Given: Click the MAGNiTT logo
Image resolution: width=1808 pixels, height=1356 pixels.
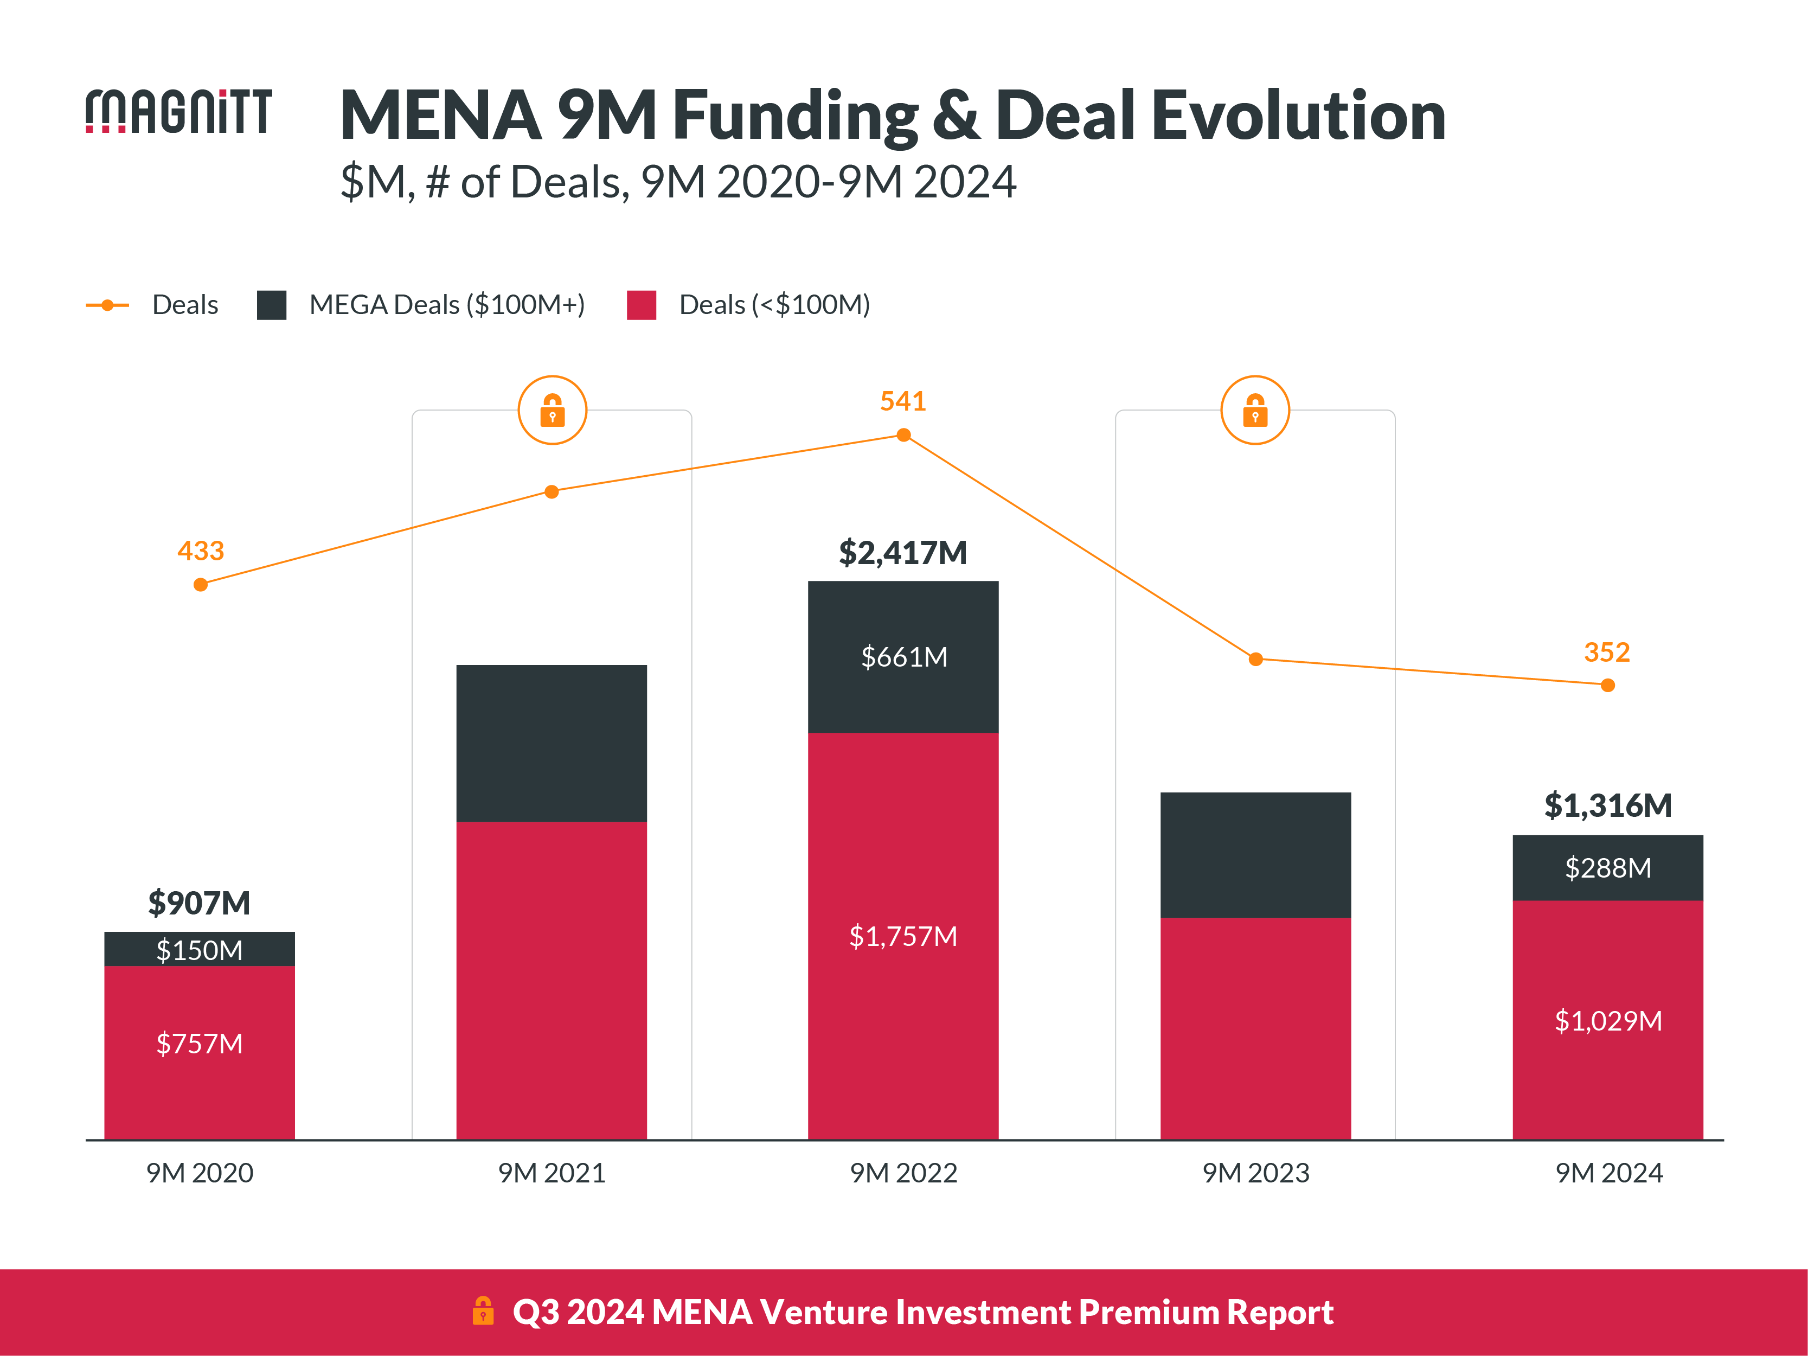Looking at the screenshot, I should pyautogui.click(x=178, y=111).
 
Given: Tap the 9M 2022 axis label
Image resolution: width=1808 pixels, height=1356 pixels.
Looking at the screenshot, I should pyautogui.click(x=903, y=1173).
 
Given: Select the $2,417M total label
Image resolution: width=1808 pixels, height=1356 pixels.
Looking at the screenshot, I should pyautogui.click(x=902, y=553).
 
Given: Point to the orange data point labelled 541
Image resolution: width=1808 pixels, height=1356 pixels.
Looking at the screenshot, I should pyautogui.click(x=903, y=436).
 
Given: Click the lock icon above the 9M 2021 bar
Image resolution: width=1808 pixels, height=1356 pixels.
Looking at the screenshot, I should pyautogui.click(x=553, y=410).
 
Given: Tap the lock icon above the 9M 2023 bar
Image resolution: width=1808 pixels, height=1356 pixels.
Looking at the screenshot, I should pyautogui.click(x=1255, y=410).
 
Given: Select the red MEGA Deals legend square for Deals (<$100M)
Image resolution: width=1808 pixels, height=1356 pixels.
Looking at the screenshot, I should pyautogui.click(x=642, y=305).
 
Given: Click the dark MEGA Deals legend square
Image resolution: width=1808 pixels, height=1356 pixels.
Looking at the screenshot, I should pyautogui.click(x=271, y=305).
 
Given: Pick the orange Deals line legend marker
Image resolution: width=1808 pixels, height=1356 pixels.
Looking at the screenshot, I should pyautogui.click(x=107, y=305).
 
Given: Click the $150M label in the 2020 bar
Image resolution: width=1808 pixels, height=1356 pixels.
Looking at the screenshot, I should pyautogui.click(x=200, y=950).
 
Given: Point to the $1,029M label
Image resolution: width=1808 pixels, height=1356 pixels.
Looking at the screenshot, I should pyautogui.click(x=1608, y=1021).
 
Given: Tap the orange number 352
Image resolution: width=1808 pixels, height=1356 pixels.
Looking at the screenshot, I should pyautogui.click(x=1606, y=653).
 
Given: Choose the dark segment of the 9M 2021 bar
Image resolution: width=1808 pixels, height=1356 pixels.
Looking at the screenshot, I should pyautogui.click(x=552, y=743).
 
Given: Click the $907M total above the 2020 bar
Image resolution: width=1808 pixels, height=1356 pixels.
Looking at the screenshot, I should pyautogui.click(x=200, y=903).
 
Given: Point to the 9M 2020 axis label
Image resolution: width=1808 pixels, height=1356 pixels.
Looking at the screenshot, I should pyautogui.click(x=200, y=1173).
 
